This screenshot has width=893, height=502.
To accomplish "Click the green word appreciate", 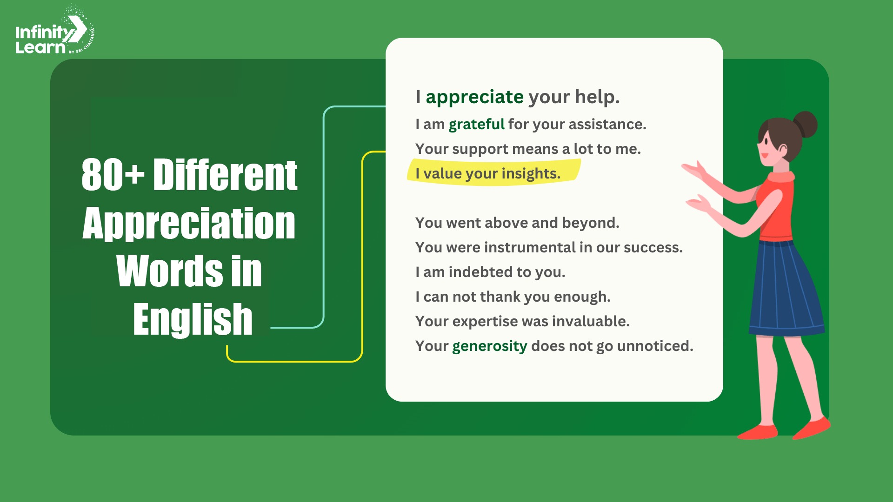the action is pos(475,98).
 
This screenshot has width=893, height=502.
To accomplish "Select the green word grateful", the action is pos(476,125).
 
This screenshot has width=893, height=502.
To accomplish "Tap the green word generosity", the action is pos(489,346).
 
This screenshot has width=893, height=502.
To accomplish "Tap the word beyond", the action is pos(591,224).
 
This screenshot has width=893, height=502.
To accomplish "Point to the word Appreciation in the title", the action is pos(189,224).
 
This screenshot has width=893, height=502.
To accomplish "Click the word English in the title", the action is pos(193,319).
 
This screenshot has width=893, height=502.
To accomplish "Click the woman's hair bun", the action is pos(805,124).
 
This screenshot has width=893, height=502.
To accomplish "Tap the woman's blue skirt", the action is pos(786,288).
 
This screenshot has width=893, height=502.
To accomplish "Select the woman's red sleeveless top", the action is pos(776,205).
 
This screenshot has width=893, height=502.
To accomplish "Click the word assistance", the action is pos(607,125).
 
